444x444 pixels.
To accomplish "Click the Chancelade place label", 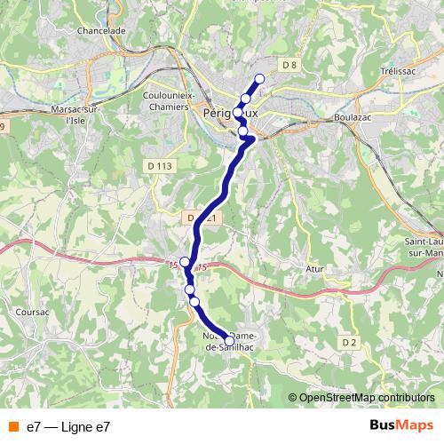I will [100, 30].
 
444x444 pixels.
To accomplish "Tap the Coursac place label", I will [32, 312].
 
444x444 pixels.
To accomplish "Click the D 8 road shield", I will [288, 64].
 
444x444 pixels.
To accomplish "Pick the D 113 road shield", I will [159, 165].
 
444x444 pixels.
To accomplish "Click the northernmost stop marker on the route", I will [260, 78].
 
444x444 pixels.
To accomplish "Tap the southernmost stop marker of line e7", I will [229, 340].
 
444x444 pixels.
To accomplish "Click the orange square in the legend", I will [12, 427].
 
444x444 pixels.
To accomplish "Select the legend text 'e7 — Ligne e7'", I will [68, 427].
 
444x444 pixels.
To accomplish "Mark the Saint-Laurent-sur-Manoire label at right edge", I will [424, 248].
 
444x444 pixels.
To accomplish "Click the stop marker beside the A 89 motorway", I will [185, 261].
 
